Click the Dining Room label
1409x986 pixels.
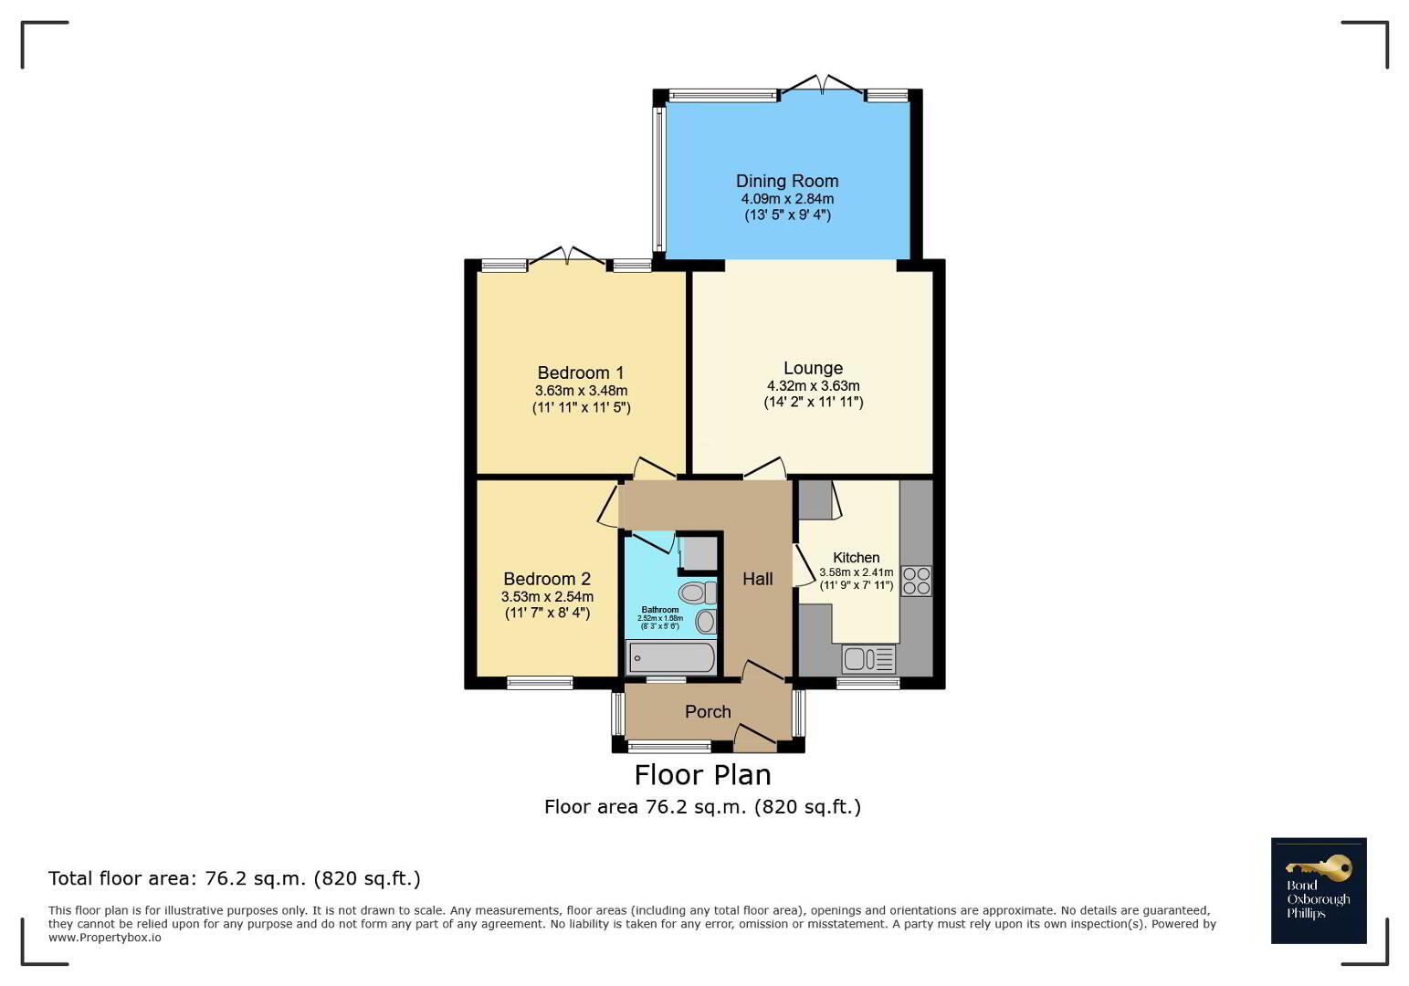787,181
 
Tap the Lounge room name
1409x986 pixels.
813,368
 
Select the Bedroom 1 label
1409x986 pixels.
581,372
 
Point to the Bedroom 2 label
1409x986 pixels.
547,579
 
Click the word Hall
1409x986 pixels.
757,579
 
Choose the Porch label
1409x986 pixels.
708,712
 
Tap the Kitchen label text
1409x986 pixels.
857,558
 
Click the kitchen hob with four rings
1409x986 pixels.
916,581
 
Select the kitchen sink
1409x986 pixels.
868,659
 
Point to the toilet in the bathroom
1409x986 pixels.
698,593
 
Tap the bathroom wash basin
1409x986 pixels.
707,622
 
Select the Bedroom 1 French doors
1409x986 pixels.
567,257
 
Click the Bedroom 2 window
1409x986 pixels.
541,682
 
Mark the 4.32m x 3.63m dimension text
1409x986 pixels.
813,386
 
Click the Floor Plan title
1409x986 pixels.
702,775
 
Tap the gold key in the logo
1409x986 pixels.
1318,868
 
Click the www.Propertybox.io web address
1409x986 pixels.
104,938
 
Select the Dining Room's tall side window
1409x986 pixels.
658,179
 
